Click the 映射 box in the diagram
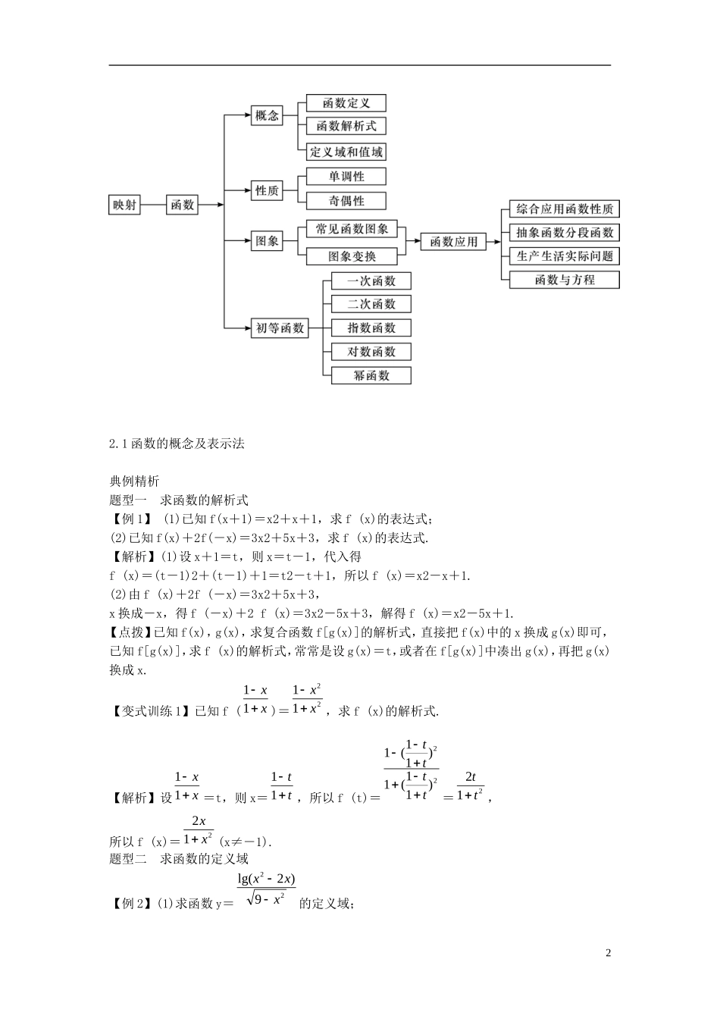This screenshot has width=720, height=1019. pos(125,204)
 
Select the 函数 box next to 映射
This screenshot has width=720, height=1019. pos(182,204)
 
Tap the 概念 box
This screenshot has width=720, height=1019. pos(267,116)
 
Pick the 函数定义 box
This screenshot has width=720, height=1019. pos(346,103)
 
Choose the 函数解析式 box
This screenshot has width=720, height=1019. pos(346,127)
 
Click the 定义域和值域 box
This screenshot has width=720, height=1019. pos(346,152)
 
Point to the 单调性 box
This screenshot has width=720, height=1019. pos(346,177)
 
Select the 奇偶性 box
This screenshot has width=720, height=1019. pos(346,201)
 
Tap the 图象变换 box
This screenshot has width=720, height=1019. pos(352,256)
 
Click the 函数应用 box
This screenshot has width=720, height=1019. pos(453,242)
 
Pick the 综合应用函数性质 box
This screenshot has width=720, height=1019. pos(565,209)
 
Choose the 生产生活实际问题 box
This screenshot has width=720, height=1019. pos(565,256)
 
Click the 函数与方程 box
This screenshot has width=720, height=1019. pos(565,280)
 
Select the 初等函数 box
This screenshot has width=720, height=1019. pos(280,328)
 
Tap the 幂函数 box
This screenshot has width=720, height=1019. pos(371,375)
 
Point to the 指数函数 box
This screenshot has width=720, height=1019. pos(371,328)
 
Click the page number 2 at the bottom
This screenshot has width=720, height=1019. pos(608,953)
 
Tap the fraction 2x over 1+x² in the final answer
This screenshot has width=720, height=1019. pos(199,830)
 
